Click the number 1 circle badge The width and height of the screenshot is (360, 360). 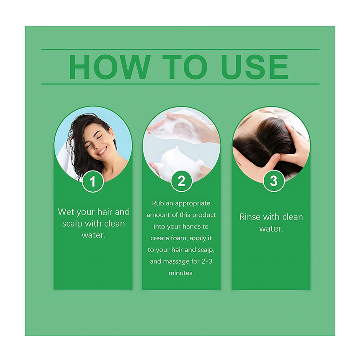point(93,181)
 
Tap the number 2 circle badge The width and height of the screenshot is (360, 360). point(181,181)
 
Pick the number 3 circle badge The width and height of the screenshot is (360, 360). point(274,181)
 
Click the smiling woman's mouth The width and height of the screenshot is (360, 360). point(103,151)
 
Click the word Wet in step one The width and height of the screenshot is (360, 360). point(66,211)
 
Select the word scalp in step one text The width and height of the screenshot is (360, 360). point(72,224)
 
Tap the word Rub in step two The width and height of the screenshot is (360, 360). point(157,203)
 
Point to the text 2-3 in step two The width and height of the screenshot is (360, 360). point(207,261)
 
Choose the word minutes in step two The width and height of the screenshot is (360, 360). point(181,273)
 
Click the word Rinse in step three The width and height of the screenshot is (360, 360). point(250,217)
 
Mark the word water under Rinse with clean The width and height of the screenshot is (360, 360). point(271,229)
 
